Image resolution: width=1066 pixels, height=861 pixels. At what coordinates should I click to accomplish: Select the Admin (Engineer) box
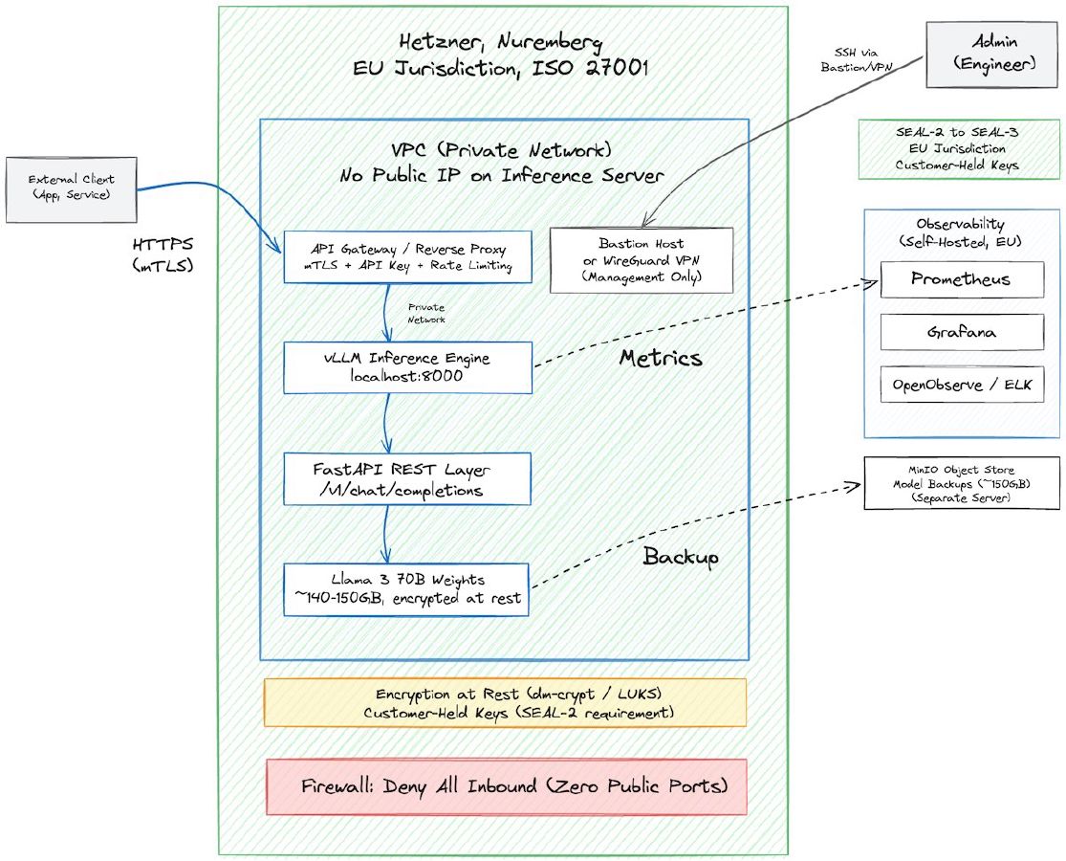(x=991, y=54)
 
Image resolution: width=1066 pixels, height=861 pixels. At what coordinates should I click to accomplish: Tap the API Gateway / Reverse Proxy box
(x=408, y=256)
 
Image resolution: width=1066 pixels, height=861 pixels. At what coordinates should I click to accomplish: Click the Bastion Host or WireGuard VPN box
(x=642, y=259)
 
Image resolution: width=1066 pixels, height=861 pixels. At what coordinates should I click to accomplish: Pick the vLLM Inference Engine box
(x=408, y=368)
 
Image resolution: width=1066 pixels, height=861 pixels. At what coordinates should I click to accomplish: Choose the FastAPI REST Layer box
(x=408, y=479)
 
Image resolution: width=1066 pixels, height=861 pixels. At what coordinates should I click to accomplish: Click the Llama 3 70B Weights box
(x=406, y=589)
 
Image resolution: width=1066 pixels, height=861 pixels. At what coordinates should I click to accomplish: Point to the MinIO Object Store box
(x=962, y=484)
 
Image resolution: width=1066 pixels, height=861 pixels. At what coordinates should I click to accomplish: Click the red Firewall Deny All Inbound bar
(x=506, y=787)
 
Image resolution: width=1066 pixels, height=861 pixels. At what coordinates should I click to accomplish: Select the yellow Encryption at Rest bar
(x=506, y=704)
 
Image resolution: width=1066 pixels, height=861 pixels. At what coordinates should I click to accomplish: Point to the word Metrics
(x=660, y=359)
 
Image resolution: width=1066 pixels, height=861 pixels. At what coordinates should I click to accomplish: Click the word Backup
(x=681, y=557)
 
